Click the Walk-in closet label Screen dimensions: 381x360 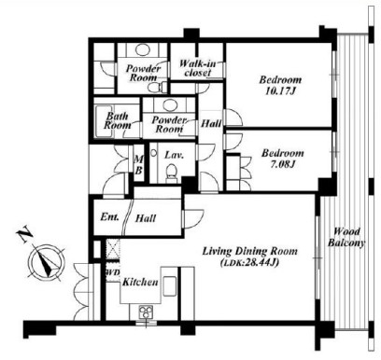point(197,68)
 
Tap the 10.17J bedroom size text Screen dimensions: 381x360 point(280,91)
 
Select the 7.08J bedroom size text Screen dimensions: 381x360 point(282,164)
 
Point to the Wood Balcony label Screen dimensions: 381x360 point(346,237)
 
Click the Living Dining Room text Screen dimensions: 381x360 point(249,251)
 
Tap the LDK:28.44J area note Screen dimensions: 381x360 point(249,263)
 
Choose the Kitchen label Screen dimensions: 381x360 point(140,283)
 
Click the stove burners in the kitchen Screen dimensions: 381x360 point(146,312)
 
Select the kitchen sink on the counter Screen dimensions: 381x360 point(170,286)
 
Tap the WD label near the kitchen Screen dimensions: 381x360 point(113,272)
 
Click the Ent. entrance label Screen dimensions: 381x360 point(109,216)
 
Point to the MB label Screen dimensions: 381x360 point(138,165)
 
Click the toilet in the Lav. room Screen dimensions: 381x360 point(171,173)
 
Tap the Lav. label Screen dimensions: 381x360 point(175,155)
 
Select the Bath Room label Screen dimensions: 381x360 point(118,120)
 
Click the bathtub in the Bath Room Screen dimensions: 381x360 point(100,121)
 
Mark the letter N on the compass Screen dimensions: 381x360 point(25,236)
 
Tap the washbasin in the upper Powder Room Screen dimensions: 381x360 point(143,49)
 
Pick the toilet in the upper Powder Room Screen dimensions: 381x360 point(155,88)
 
